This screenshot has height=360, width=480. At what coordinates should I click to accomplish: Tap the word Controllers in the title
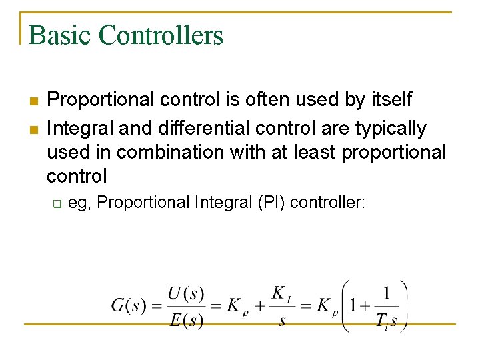coord(161,35)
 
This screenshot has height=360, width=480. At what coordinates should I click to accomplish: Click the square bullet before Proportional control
coord(33,101)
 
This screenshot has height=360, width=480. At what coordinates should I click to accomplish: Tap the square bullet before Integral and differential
coord(33,127)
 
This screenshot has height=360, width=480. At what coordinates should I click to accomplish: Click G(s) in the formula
coord(129,306)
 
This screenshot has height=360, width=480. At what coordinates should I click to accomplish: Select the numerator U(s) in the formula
coord(185,293)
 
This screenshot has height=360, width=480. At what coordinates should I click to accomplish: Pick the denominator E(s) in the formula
coord(186,320)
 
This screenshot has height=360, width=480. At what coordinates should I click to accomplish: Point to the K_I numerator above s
coord(281,293)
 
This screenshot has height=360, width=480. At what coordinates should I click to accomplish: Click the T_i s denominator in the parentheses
coord(386,321)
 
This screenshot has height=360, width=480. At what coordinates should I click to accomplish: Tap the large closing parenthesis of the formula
coord(403,306)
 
